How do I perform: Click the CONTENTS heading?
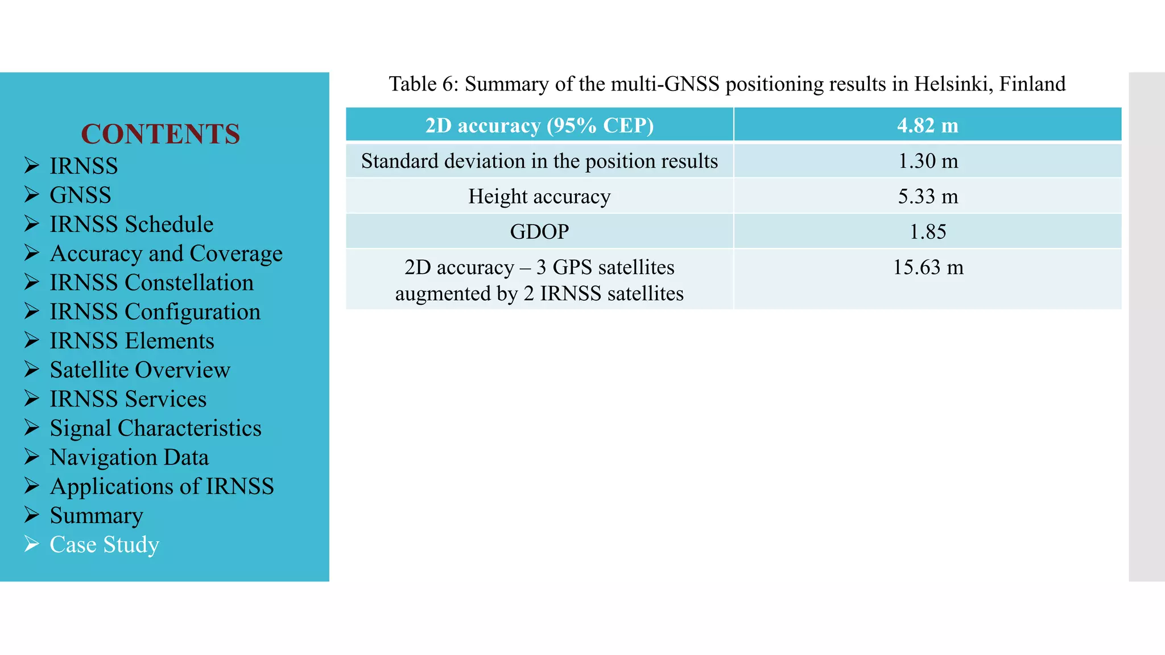pyautogui.click(x=160, y=134)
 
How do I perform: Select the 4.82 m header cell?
pyautogui.click(x=927, y=125)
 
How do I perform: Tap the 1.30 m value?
pyautogui.click(x=927, y=161)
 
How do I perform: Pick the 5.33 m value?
pyautogui.click(x=927, y=196)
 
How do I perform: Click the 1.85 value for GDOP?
pyautogui.click(x=927, y=231)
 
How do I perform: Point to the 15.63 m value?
pyautogui.click(x=927, y=267)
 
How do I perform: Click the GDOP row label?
pyautogui.click(x=539, y=231)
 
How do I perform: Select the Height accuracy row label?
pyautogui.click(x=539, y=196)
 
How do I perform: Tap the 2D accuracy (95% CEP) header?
pyautogui.click(x=539, y=125)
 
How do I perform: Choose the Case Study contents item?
pyautogui.click(x=104, y=544)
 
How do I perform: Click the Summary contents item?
pyautogui.click(x=96, y=515)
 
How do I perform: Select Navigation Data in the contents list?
pyautogui.click(x=129, y=457)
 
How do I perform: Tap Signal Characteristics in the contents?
pyautogui.click(x=155, y=428)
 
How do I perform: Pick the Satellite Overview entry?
pyautogui.click(x=140, y=370)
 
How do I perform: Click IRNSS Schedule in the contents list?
pyautogui.click(x=131, y=224)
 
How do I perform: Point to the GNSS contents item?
pyautogui.click(x=80, y=195)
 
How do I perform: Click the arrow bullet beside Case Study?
pyautogui.click(x=32, y=544)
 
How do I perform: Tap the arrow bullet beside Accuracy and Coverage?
pyautogui.click(x=32, y=253)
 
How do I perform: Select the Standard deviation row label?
pyautogui.click(x=539, y=161)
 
